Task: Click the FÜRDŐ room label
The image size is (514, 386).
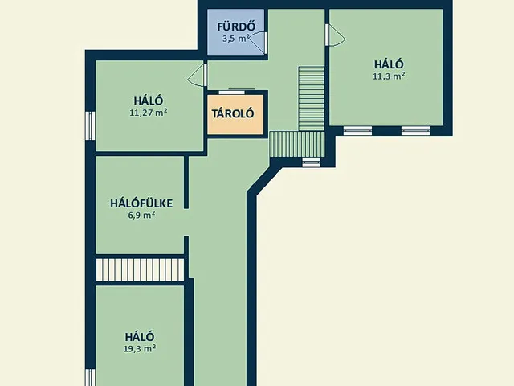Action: pyautogui.click(x=236, y=24)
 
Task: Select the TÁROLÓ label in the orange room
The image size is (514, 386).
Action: pyautogui.click(x=233, y=113)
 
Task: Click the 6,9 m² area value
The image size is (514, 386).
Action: pyautogui.click(x=141, y=215)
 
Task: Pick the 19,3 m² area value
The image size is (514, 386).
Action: pyautogui.click(x=141, y=348)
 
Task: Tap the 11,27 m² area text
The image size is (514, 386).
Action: pyautogui.click(x=149, y=113)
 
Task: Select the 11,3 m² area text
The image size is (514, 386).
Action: pyautogui.click(x=389, y=76)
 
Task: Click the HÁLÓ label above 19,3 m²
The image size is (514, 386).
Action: pyautogui.click(x=140, y=336)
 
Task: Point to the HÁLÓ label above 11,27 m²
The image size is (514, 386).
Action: pyautogui.click(x=149, y=101)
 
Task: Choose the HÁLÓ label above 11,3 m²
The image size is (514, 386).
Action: pyautogui.click(x=389, y=64)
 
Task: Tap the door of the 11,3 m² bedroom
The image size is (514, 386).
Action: pyautogui.click(x=333, y=36)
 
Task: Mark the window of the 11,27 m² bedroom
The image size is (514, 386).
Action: pyautogui.click(x=91, y=126)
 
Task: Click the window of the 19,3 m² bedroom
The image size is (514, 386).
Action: pyautogui.click(x=91, y=377)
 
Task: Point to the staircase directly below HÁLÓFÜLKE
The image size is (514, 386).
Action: pyautogui.click(x=141, y=269)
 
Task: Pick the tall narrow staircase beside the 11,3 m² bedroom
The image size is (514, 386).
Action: pyautogui.click(x=310, y=96)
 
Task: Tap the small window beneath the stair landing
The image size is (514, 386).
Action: pyautogui.click(x=310, y=162)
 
